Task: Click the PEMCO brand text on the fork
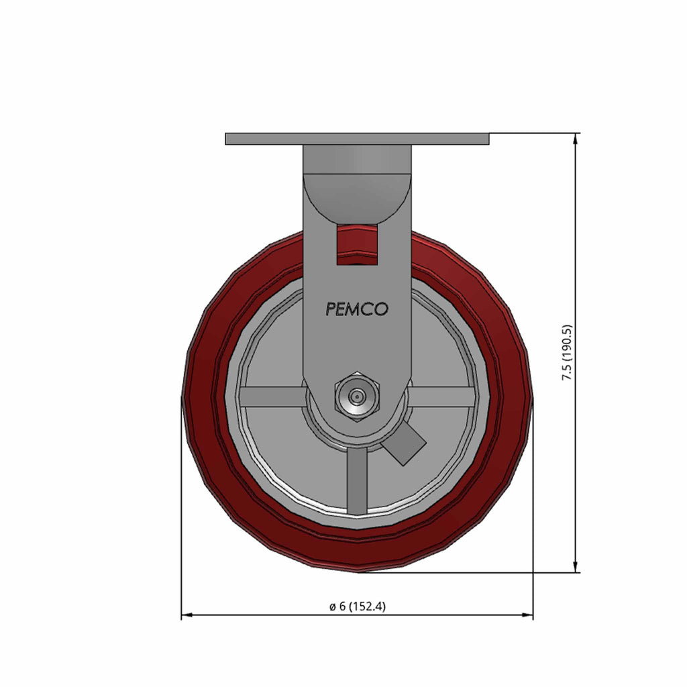click(x=357, y=309)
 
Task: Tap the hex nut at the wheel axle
click(x=357, y=397)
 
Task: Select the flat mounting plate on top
click(x=357, y=139)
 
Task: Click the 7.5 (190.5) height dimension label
click(x=567, y=352)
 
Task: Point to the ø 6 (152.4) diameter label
click(x=358, y=606)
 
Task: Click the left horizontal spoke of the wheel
click(x=272, y=397)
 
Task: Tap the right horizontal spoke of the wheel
click(x=443, y=397)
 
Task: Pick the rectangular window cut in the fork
click(x=357, y=245)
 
